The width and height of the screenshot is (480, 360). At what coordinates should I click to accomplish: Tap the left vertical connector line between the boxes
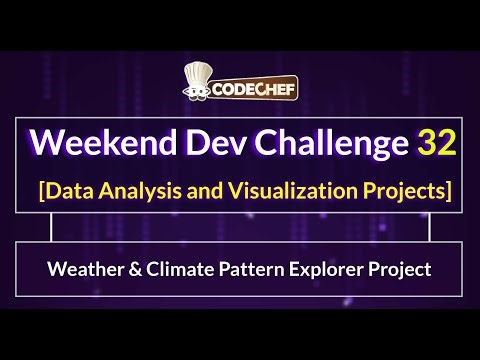(x=50, y=229)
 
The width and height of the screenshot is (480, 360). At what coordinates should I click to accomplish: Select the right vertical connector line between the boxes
(x=429, y=229)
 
